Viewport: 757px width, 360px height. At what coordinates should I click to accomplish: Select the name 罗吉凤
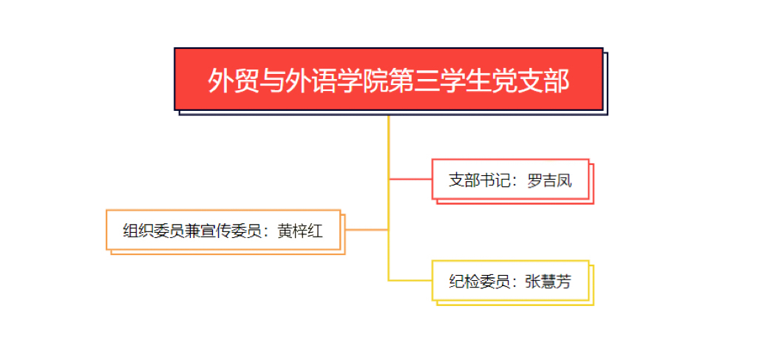(x=549, y=180)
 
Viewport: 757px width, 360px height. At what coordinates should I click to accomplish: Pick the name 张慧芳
(x=548, y=281)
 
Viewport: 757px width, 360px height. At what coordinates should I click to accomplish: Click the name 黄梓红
(x=300, y=231)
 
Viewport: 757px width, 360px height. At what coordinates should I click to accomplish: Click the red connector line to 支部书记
(x=410, y=179)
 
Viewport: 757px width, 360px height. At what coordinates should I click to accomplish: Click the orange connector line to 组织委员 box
(x=366, y=230)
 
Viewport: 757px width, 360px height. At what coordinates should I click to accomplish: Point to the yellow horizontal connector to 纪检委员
(x=410, y=280)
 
